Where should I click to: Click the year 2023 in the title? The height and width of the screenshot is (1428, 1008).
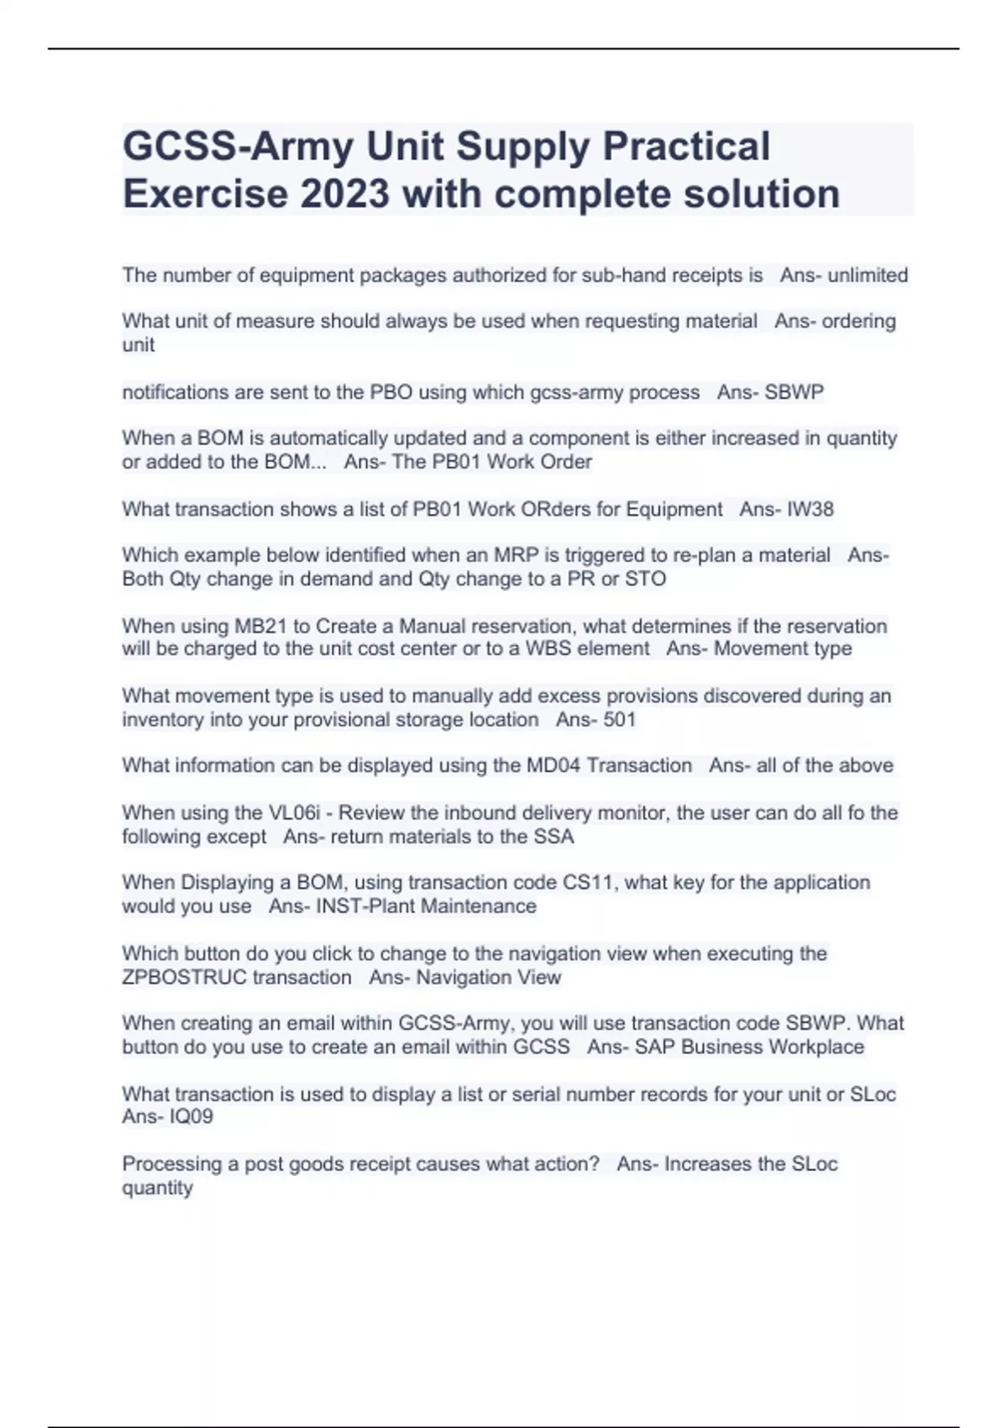pyautogui.click(x=345, y=194)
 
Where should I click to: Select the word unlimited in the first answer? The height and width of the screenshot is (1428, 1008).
pyautogui.click(x=868, y=276)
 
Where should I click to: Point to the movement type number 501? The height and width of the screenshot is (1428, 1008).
pyautogui.click(x=619, y=720)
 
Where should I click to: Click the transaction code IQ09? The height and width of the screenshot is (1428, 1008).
pyautogui.click(x=192, y=1117)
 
